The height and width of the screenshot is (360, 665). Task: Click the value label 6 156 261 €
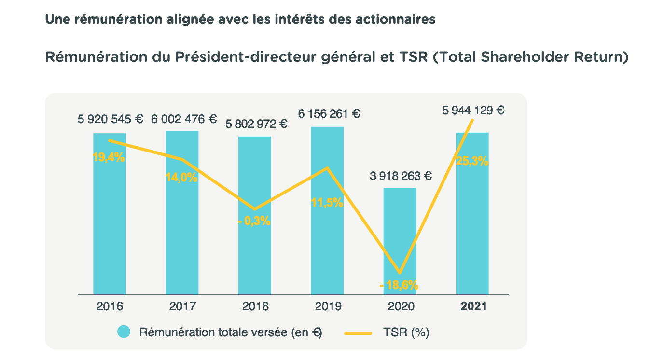click(x=329, y=114)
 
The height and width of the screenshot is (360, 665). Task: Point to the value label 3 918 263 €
click(x=401, y=176)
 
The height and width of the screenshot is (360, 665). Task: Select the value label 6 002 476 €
click(x=184, y=119)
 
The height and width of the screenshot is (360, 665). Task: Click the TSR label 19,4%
click(x=109, y=157)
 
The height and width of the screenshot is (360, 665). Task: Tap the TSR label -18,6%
click(x=399, y=285)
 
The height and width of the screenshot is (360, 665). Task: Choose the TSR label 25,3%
click(x=472, y=162)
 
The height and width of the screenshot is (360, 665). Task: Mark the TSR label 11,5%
click(x=327, y=203)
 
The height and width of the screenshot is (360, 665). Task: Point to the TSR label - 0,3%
click(x=254, y=222)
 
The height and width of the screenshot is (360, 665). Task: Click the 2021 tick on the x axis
click(x=473, y=306)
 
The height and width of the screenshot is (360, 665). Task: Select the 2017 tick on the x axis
click(x=182, y=306)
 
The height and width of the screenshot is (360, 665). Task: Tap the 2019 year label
click(x=328, y=306)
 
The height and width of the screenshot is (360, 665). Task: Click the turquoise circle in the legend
click(x=124, y=332)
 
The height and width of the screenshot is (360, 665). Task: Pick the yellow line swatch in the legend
click(x=358, y=332)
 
